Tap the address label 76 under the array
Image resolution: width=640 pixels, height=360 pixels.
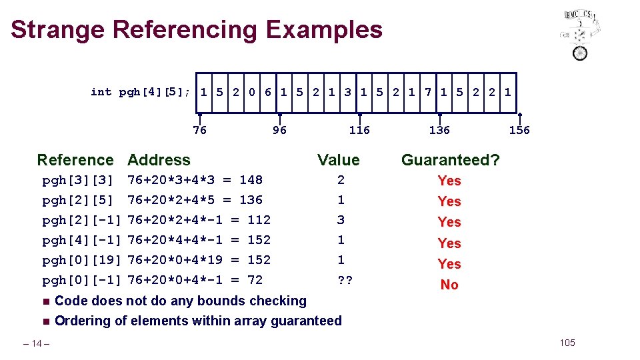tap(199, 130)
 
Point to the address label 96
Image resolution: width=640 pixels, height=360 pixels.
tap(279, 130)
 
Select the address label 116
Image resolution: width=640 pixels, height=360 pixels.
tap(359, 130)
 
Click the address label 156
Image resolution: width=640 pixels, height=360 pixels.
tap(519, 130)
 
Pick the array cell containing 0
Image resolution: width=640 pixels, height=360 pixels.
tap(251, 92)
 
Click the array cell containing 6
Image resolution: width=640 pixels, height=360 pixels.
tap(267, 92)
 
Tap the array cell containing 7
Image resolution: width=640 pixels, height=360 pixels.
tap(427, 92)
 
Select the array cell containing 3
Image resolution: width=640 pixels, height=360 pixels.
tap(347, 92)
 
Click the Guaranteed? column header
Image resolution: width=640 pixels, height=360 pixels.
tap(450, 160)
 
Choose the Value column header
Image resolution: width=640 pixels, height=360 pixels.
tap(338, 160)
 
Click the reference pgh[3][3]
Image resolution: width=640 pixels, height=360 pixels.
tap(78, 180)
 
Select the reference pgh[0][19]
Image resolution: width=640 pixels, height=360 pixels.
tap(81, 260)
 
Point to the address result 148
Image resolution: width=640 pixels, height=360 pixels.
tap(251, 180)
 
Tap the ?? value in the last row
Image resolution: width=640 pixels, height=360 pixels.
tap(345, 280)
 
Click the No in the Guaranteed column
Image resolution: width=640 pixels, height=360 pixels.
tap(449, 285)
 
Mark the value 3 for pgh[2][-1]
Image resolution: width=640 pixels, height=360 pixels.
tap(341, 220)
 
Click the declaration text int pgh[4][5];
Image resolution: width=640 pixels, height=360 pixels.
tap(141, 92)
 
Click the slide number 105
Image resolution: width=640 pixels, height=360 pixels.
tap(567, 343)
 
